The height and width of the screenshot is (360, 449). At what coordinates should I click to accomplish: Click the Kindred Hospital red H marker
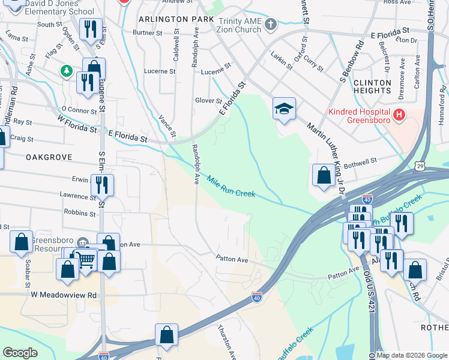398,114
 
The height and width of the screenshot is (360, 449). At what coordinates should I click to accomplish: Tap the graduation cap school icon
284,108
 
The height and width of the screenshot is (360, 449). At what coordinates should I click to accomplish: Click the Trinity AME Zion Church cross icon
271,25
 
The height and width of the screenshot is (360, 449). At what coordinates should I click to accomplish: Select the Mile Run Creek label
232,186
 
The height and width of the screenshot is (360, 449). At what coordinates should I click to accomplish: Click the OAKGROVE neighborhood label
49,157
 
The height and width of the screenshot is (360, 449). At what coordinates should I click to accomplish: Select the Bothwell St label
360,160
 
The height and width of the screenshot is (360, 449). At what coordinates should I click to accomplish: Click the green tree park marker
66,72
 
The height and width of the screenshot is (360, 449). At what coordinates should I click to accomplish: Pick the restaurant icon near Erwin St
102,185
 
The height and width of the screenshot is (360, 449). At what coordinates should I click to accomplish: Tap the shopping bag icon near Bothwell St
324,175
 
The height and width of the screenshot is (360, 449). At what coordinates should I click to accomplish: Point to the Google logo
20,353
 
